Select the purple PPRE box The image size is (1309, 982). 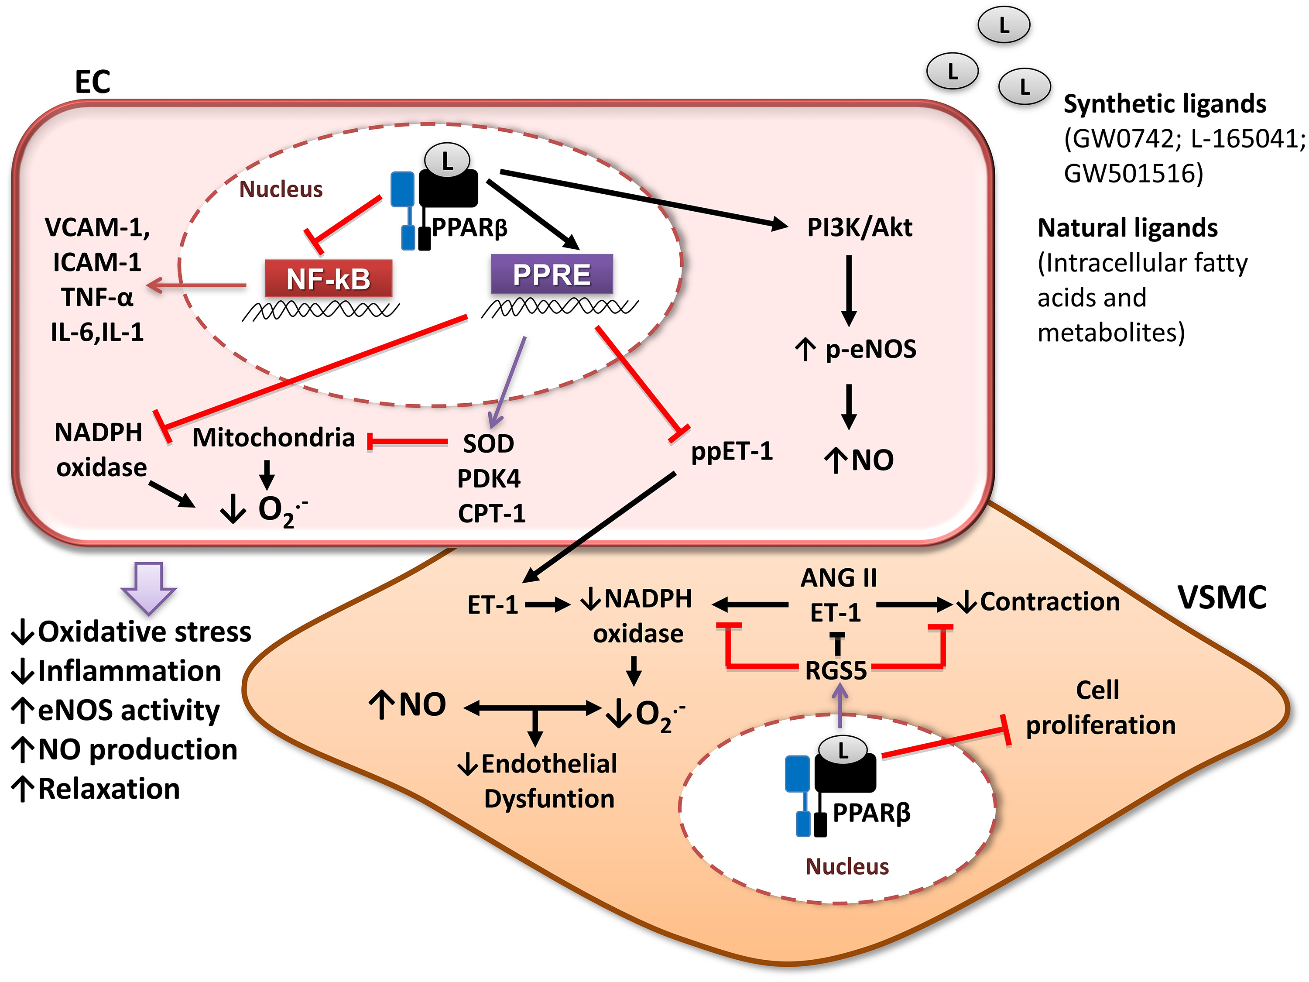pos(552,274)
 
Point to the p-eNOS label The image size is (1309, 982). pos(870,349)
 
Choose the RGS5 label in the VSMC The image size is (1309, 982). pos(836,671)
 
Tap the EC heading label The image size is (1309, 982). pos(93,82)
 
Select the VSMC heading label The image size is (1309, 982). pos(1222,598)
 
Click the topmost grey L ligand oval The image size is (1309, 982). pos(1004,25)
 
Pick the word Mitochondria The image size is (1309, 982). pos(274,438)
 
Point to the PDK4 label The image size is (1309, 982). pos(489,478)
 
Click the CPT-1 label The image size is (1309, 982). pos(491,513)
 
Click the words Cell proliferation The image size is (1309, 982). pos(1100,708)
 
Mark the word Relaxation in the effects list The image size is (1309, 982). pos(109,789)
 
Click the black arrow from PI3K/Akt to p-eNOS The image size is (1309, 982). pos(849,290)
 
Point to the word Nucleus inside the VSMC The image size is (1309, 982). pos(847,867)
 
